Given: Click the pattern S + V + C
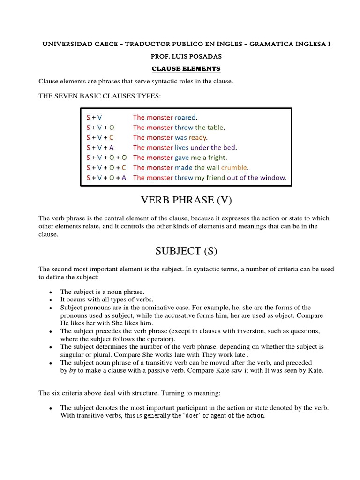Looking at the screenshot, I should [100, 137].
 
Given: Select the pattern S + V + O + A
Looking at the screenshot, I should [106, 178].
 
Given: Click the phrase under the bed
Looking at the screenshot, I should [215, 148].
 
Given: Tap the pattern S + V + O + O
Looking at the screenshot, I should [106, 157].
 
